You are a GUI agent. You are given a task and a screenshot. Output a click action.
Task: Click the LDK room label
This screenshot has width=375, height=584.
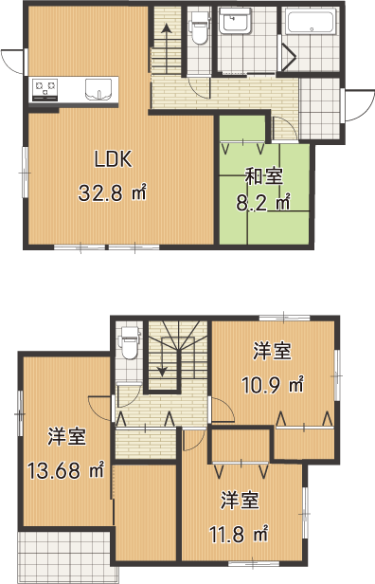pyautogui.click(x=113, y=159)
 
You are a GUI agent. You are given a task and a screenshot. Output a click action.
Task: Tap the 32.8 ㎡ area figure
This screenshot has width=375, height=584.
pyautogui.click(x=113, y=193)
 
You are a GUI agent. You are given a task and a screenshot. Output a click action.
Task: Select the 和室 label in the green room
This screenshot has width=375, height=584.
pyautogui.click(x=264, y=176)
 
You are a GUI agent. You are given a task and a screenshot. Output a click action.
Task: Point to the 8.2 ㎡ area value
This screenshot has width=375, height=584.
pyautogui.click(x=263, y=203)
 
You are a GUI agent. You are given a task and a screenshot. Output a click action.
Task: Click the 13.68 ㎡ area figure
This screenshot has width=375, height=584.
pyautogui.click(x=66, y=470)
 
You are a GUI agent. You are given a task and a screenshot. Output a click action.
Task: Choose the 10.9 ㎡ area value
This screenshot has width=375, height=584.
pyautogui.click(x=273, y=385)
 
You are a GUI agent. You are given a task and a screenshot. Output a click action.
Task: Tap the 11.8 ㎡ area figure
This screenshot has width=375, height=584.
pyautogui.click(x=239, y=534)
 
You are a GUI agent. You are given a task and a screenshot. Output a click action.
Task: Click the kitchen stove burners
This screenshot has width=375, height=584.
pyautogui.click(x=45, y=89)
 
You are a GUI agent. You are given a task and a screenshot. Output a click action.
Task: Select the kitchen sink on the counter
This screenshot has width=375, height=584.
pyautogui.click(x=98, y=90)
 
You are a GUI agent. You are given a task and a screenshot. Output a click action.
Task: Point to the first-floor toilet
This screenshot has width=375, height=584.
pyautogui.click(x=199, y=27)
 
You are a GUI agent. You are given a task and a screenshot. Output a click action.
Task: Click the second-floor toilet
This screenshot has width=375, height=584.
pyautogui.click(x=129, y=342)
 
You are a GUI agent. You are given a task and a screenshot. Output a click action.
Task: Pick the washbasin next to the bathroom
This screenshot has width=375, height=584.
pyautogui.click(x=235, y=21)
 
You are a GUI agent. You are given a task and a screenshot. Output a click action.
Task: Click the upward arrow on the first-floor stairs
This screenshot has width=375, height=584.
pyautogui.click(x=167, y=47)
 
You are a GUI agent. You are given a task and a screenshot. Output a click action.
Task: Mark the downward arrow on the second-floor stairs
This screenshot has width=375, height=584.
pyautogui.click(x=162, y=356)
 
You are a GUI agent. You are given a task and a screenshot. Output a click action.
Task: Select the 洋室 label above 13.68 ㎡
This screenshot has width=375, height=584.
pyautogui.click(x=67, y=436)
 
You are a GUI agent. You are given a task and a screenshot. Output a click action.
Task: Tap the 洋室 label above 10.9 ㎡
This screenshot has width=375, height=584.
pyautogui.click(x=273, y=351)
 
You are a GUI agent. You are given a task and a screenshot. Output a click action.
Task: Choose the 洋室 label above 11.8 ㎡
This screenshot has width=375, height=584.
pyautogui.click(x=240, y=501)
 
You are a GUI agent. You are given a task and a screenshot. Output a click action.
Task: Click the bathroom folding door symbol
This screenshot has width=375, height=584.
pyautogui.click(x=288, y=57)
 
